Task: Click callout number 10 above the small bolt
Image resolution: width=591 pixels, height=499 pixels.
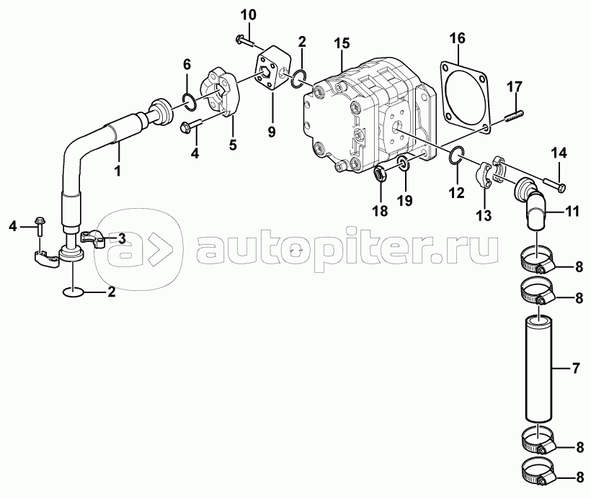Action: (x=247, y=15)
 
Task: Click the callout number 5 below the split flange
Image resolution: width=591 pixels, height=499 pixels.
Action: (x=232, y=145)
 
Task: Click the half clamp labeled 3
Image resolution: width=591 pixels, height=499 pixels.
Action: (x=94, y=236)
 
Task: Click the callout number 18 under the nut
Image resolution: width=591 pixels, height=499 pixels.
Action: (x=380, y=210)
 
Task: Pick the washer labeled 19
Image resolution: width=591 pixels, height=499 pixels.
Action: (x=404, y=165)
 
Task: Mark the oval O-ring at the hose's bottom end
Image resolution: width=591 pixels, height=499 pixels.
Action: (x=74, y=292)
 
